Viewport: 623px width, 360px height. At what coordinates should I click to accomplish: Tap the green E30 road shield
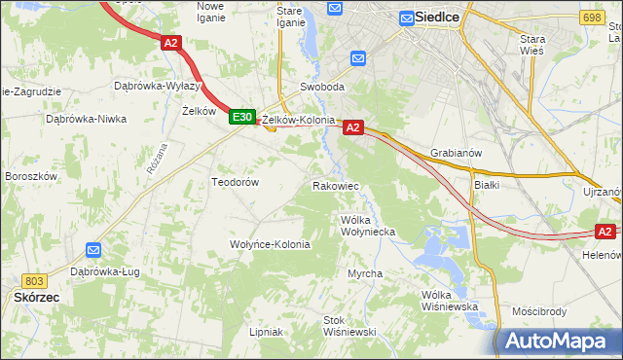pos(242,117)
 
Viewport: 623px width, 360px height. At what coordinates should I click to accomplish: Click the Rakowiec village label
pos(336,186)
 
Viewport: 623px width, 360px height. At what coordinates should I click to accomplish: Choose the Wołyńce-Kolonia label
pos(270,244)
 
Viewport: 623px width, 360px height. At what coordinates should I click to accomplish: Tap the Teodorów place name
pos(235,182)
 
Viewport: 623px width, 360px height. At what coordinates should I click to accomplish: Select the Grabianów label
pos(456,153)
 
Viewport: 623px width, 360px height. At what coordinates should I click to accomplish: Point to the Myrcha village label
pos(365,273)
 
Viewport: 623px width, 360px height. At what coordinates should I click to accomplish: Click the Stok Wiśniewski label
pos(349,325)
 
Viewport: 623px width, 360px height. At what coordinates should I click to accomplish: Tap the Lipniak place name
pos(265,332)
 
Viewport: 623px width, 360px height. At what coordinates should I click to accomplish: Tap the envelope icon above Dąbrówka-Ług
pos(93,250)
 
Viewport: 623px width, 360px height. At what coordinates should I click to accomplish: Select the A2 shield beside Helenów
pos(605,232)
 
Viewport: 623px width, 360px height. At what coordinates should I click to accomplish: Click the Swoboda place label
pos(322,87)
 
